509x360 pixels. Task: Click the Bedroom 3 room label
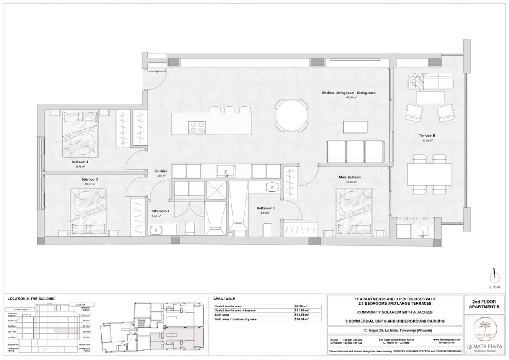80,162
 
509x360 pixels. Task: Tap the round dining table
291,115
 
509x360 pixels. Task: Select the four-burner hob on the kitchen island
198,126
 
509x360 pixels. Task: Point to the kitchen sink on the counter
226,172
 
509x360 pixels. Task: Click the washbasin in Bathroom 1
272,187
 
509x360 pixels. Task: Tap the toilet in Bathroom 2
190,228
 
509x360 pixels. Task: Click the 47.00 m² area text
350,97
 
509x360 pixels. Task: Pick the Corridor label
161,171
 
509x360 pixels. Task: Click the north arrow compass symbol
494,274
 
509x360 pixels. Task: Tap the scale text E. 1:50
494,287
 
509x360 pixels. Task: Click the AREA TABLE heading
224,298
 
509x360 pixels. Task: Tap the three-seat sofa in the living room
355,152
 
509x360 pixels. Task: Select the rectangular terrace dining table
429,174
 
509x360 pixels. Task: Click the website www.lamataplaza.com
447,339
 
